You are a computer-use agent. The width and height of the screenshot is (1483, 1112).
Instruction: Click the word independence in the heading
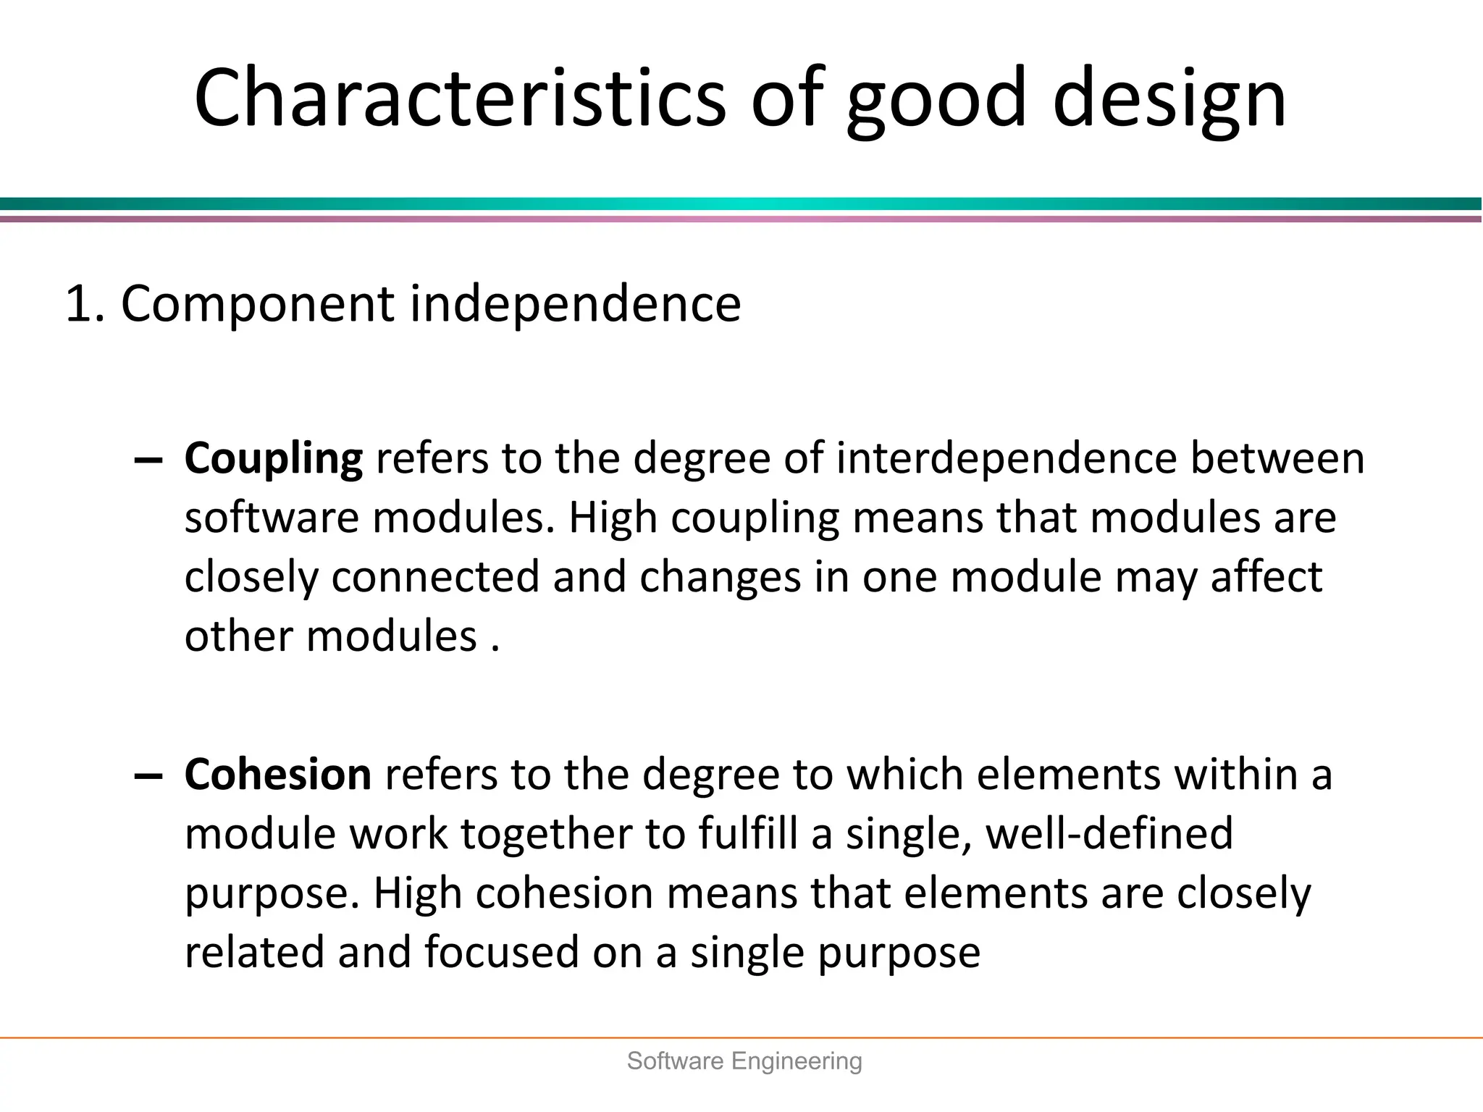pyautogui.click(x=575, y=303)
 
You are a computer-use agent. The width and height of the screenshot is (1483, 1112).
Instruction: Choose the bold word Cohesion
pyautogui.click(x=278, y=775)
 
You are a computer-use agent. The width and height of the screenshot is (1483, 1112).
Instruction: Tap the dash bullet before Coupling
pyautogui.click(x=148, y=460)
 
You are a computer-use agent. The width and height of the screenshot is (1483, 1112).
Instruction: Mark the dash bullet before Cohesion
pyautogui.click(x=148, y=776)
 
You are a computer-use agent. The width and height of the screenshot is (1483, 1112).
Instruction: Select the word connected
pyautogui.click(x=436, y=577)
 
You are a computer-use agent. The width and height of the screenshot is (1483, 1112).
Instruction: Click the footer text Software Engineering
pyautogui.click(x=744, y=1061)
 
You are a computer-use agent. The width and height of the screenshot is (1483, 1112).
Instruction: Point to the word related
pyautogui.click(x=254, y=953)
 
